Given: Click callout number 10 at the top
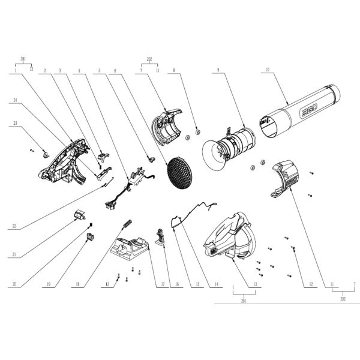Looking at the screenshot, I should point(266,70).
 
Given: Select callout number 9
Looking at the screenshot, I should point(218,70).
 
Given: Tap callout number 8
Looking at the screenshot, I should point(173,70).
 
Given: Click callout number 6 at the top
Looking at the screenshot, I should point(113,70).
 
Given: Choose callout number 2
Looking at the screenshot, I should point(45,70).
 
